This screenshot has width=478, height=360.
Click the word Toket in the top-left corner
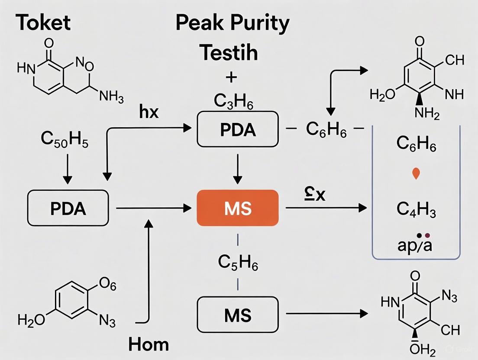[x=43, y=22]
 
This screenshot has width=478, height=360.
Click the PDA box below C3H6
[x=238, y=129]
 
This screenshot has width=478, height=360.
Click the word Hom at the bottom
[x=149, y=344]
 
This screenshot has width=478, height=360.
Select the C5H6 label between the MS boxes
[x=238, y=262]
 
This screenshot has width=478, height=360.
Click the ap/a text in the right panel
[x=415, y=245]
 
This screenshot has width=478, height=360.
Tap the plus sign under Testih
[x=232, y=77]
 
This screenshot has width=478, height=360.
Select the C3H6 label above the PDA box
[x=233, y=101]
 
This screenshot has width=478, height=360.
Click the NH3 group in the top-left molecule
[x=111, y=97]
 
